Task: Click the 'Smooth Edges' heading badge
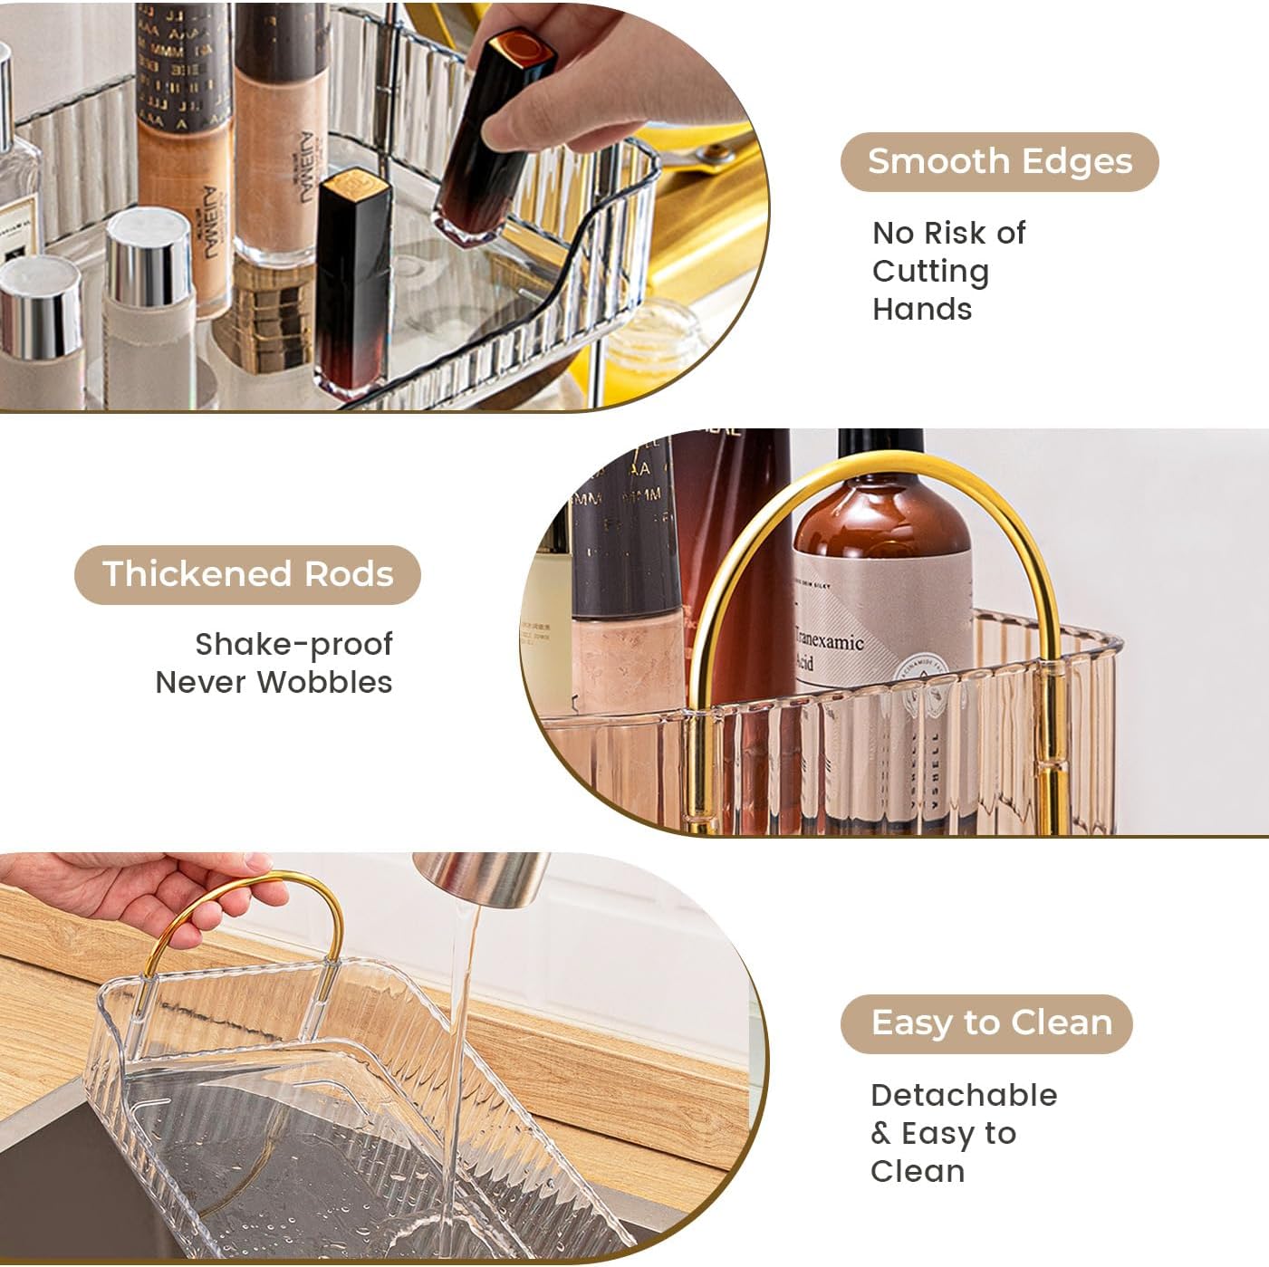[x=999, y=161]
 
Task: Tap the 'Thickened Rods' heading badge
[x=247, y=574]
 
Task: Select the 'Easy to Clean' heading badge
[x=986, y=1022]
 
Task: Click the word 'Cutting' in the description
[x=930, y=271]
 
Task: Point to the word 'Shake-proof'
[x=293, y=644]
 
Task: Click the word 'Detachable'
[x=964, y=1095]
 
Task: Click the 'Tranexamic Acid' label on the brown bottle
[x=829, y=650]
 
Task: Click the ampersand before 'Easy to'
[x=880, y=1133]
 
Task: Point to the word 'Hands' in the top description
[x=921, y=309]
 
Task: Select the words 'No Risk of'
[x=948, y=233]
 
